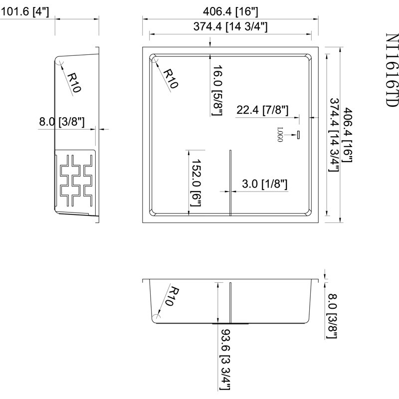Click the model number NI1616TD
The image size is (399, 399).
(x=392, y=70)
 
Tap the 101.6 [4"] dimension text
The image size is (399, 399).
(x=24, y=11)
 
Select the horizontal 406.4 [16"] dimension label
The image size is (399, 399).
(x=230, y=11)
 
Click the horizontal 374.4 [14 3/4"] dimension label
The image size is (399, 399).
(x=230, y=26)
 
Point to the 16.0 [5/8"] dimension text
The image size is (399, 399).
(x=217, y=90)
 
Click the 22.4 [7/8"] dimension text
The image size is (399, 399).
(x=262, y=110)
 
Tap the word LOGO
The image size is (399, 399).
(x=280, y=135)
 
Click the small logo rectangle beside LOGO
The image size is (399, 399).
(x=298, y=135)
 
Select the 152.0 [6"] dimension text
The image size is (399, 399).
(x=196, y=183)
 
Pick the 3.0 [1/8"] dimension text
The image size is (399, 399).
(x=265, y=184)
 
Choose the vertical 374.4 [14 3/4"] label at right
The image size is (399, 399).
(x=334, y=135)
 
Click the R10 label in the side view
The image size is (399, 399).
(x=74, y=82)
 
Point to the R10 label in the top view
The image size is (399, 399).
(x=171, y=79)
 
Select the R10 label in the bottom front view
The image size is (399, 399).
(x=172, y=296)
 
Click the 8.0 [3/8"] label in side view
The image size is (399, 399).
(x=61, y=122)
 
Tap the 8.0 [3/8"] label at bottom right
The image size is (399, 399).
(x=332, y=316)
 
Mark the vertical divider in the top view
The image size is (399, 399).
(x=230, y=183)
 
